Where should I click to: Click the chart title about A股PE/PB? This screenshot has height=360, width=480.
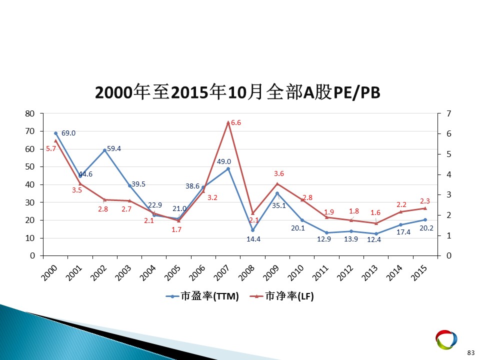click(237, 92)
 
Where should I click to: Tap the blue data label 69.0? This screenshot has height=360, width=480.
click(68, 133)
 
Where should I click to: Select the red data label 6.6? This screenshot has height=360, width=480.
click(235, 123)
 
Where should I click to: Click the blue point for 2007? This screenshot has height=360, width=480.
click(228, 168)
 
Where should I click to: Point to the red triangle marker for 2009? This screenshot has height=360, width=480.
click(277, 183)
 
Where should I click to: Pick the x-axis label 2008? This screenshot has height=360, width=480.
click(246, 273)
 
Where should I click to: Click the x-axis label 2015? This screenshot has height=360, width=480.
click(419, 273)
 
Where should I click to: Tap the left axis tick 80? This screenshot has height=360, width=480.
click(29, 113)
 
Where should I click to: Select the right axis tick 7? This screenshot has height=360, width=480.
click(449, 113)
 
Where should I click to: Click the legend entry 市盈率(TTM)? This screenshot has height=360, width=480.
click(202, 296)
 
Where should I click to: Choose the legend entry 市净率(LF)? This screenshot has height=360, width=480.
click(282, 296)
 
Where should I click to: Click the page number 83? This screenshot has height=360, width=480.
click(471, 352)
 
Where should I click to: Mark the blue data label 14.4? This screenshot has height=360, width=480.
click(253, 239)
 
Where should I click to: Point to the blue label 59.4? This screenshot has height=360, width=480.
click(114, 149)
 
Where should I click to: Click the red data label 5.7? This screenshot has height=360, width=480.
click(51, 149)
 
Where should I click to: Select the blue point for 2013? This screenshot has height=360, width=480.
click(376, 233)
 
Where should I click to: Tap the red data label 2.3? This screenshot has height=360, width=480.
click(425, 201)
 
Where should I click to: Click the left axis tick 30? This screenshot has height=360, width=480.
click(29, 202)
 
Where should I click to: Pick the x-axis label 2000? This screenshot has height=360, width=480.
click(49, 273)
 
